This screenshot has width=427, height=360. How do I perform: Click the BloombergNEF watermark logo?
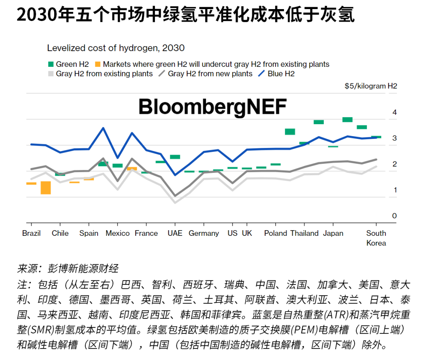pyautogui.click(x=213, y=107)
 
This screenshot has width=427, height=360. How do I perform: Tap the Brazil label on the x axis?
pyautogui.click(x=31, y=233)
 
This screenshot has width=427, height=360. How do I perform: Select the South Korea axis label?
pyautogui.click(x=376, y=238)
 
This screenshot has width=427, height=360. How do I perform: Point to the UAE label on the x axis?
pyautogui.click(x=175, y=233)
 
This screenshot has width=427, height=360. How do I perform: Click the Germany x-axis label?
pyautogui.click(x=204, y=233)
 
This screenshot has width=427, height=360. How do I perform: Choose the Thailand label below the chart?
pyautogui.click(x=304, y=233)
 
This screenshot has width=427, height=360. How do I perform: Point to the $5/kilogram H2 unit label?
pyautogui.click(x=370, y=86)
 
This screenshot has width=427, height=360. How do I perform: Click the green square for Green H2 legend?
pyautogui.click(x=50, y=64)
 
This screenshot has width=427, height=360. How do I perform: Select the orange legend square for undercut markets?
pyautogui.click(x=97, y=64)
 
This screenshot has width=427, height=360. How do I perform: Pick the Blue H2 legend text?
pyautogui.click(x=281, y=74)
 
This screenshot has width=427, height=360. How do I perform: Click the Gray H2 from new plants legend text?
pyautogui.click(x=210, y=74)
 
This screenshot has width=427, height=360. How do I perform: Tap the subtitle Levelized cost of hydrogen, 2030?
pyautogui.click(x=116, y=48)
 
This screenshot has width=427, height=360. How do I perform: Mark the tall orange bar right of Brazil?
pyautogui.click(x=45, y=188)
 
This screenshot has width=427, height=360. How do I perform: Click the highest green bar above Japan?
pyautogui.click(x=347, y=119)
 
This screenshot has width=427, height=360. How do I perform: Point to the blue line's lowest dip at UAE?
pyautogui.click(x=175, y=174)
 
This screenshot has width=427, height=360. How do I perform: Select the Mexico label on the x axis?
pyautogui.click(x=117, y=233)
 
